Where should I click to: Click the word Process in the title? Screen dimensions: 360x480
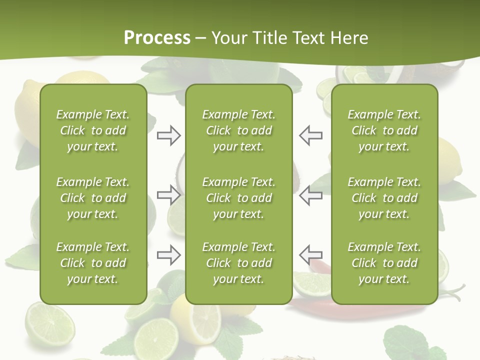coord(157,38)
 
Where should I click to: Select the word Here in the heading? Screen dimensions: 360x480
coord(349,38)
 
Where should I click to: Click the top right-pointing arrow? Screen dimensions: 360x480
coord(168,135)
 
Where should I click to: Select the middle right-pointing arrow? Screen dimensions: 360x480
coord(168,195)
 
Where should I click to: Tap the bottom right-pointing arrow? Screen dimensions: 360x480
coord(168,255)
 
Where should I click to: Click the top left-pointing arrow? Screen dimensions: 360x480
coord(310,135)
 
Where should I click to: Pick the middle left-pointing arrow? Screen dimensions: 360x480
coord(310,195)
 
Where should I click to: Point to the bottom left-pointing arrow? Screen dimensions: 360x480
coord(310,255)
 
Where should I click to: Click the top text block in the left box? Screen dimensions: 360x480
coord(93,130)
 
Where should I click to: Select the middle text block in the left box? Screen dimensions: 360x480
coord(93,198)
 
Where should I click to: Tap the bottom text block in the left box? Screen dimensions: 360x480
coord(93,263)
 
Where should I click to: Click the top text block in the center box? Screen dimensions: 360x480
coord(238,130)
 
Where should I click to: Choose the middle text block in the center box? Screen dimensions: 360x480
coord(238,198)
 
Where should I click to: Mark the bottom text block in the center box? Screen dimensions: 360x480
coord(238,263)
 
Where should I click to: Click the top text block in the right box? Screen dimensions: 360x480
coord(384,130)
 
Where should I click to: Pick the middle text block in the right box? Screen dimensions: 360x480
coord(384,198)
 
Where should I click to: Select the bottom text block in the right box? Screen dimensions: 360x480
coord(384,263)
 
